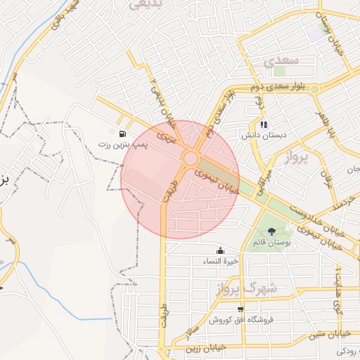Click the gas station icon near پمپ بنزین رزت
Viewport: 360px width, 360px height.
[123, 133]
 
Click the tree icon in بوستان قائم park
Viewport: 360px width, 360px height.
[271, 232]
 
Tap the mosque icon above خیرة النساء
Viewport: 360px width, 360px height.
[221, 251]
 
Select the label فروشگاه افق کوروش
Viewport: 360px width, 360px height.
[240, 320]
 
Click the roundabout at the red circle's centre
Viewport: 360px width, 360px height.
[190, 157]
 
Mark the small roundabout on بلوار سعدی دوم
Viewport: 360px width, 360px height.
[314, 89]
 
